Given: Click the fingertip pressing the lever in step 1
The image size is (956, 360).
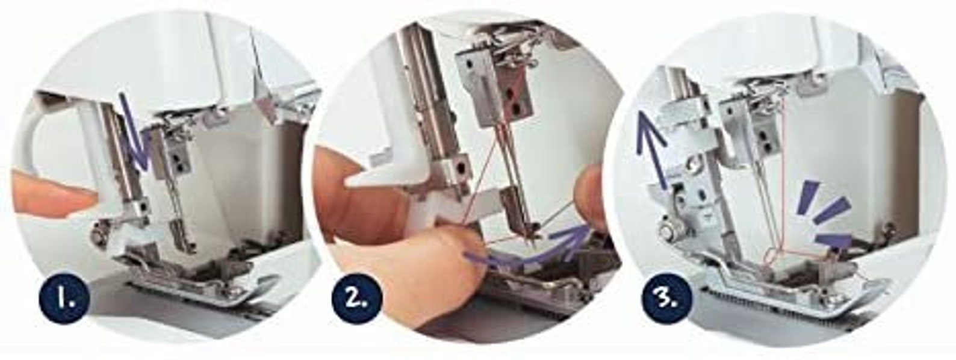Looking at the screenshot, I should click(x=48, y=193).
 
